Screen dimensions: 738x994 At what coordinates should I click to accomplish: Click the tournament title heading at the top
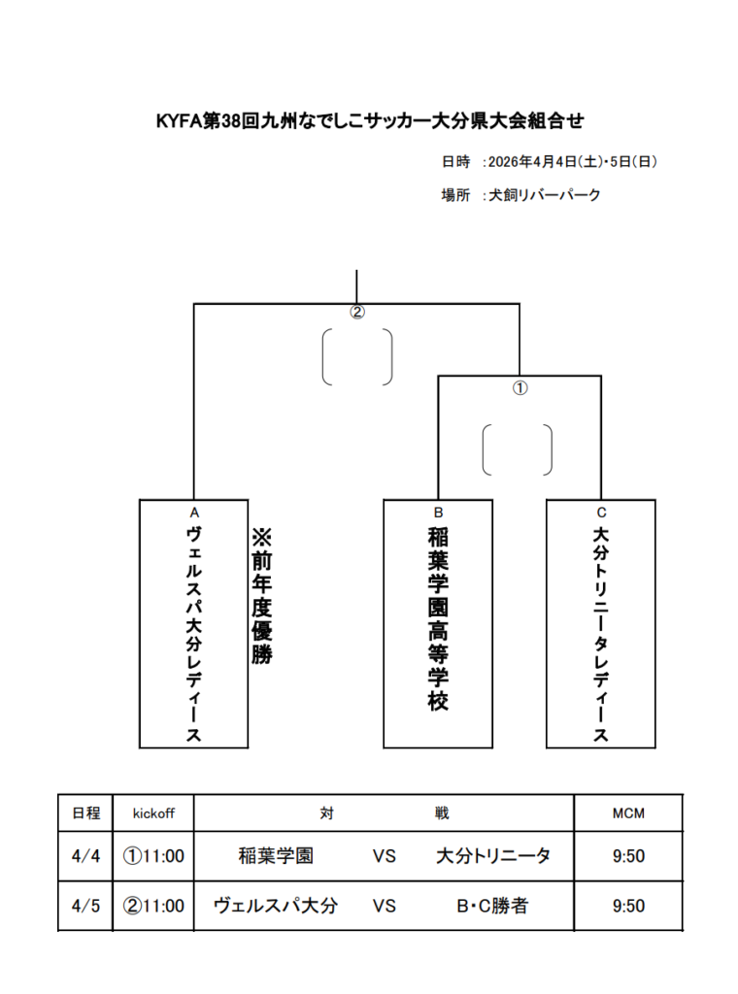point(370,120)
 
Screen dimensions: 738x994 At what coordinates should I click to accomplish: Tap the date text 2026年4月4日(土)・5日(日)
point(572,162)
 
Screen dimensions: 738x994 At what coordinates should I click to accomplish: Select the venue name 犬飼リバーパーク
point(544,194)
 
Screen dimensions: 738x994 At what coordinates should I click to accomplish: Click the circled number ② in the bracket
point(357,312)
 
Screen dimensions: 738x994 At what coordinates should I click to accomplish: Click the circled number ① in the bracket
point(520,388)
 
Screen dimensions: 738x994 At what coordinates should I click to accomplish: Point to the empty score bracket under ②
point(323,357)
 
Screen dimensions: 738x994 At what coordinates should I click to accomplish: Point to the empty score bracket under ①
point(484,449)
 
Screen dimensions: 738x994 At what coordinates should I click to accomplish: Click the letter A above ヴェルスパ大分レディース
point(194,513)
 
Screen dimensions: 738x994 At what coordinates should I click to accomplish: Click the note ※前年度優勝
point(261,596)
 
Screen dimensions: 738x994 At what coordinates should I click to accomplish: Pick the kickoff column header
point(153,813)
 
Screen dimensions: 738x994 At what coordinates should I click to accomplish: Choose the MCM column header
point(628,813)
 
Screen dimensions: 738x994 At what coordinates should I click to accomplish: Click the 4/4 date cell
point(85,856)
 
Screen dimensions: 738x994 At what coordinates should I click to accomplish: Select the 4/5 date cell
point(85,906)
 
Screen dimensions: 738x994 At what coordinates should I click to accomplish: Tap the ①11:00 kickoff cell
point(153,856)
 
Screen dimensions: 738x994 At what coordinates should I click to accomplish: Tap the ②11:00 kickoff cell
point(153,906)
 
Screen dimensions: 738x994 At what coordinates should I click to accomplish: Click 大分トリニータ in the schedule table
point(493,856)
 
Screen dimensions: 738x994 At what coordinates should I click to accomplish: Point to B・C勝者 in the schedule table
point(492,906)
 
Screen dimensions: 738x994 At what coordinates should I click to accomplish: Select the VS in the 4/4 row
point(385,856)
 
